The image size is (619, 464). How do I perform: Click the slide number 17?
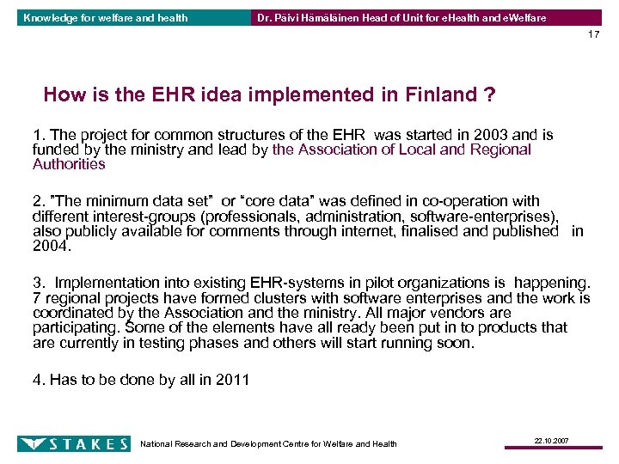(x=594, y=34)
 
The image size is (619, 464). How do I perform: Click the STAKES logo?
(x=74, y=443)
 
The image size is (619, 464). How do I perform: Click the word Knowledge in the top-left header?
(x=50, y=18)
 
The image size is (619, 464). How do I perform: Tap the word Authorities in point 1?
(x=69, y=164)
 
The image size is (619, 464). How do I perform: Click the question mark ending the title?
(x=488, y=95)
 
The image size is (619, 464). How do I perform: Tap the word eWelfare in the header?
(x=521, y=18)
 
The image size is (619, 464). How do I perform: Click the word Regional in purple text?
(x=499, y=150)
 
